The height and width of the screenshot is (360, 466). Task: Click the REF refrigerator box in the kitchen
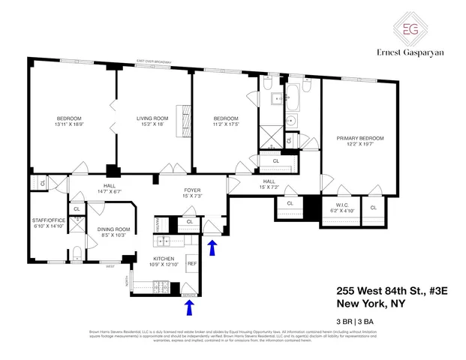point(191,264)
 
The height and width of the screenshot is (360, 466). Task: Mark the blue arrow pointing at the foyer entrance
point(213,248)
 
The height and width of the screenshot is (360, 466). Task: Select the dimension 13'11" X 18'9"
point(68,125)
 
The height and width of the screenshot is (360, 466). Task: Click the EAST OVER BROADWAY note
point(154,62)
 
